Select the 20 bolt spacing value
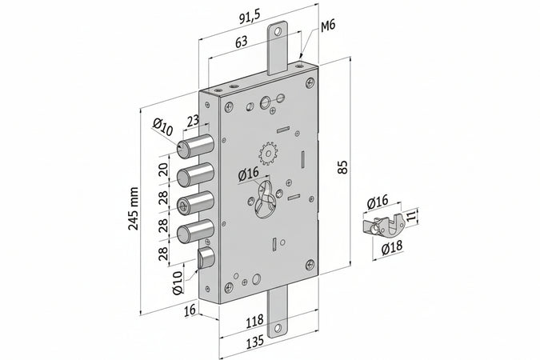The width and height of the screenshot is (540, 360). click(x=162, y=170)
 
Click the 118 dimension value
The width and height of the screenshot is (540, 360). click(x=255, y=322)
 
